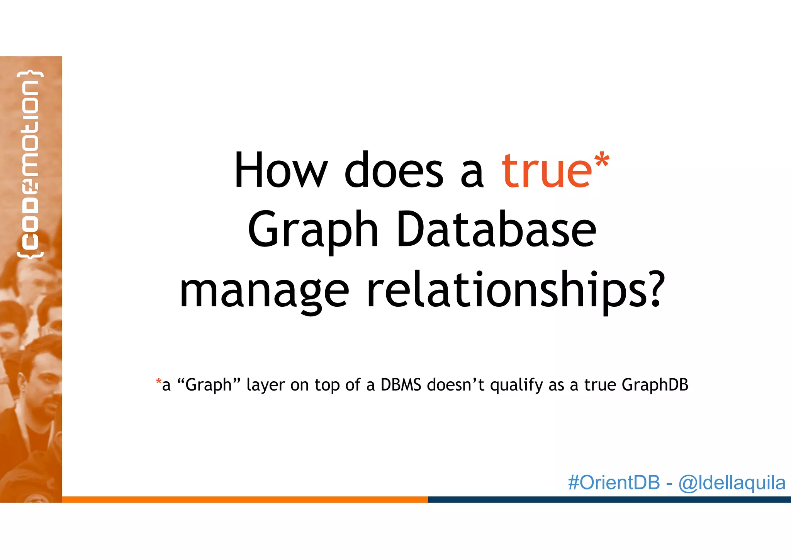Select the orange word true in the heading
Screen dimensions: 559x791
[x=546, y=170]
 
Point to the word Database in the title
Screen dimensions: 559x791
[x=496, y=229]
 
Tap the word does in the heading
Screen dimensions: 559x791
[x=394, y=170]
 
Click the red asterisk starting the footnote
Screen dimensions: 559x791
[x=158, y=382]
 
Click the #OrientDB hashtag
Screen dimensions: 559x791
[x=614, y=483]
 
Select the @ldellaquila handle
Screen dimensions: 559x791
[x=732, y=483]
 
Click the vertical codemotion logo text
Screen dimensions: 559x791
[x=30, y=164]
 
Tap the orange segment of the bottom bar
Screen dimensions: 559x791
[x=245, y=500]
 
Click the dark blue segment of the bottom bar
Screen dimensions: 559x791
[x=609, y=500]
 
